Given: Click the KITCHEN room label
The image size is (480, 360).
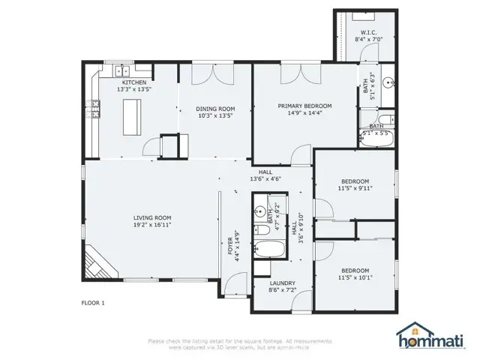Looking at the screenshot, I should [135, 82].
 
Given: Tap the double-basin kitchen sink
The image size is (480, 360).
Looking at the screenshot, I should [123, 71].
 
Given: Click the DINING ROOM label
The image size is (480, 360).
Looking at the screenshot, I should [215, 108].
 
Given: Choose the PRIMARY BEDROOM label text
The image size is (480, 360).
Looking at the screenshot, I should [304, 106].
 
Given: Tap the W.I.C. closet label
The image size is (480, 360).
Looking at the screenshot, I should [367, 32].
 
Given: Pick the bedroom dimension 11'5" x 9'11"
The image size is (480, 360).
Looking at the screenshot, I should [355, 189].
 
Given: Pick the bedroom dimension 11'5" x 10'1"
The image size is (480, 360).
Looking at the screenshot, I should [355, 277].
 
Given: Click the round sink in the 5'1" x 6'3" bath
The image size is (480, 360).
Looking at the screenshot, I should [388, 83].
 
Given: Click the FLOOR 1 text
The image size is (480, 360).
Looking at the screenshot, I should [93, 303].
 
